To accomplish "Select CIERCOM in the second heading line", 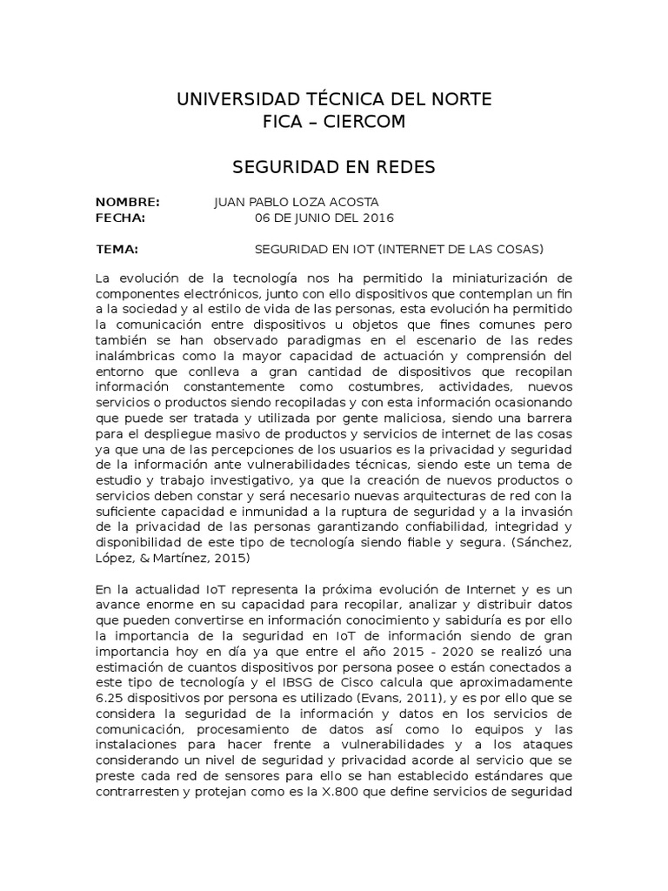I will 364,121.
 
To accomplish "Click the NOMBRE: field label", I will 127,202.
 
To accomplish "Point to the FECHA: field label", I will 120,217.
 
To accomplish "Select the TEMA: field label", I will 117,249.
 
